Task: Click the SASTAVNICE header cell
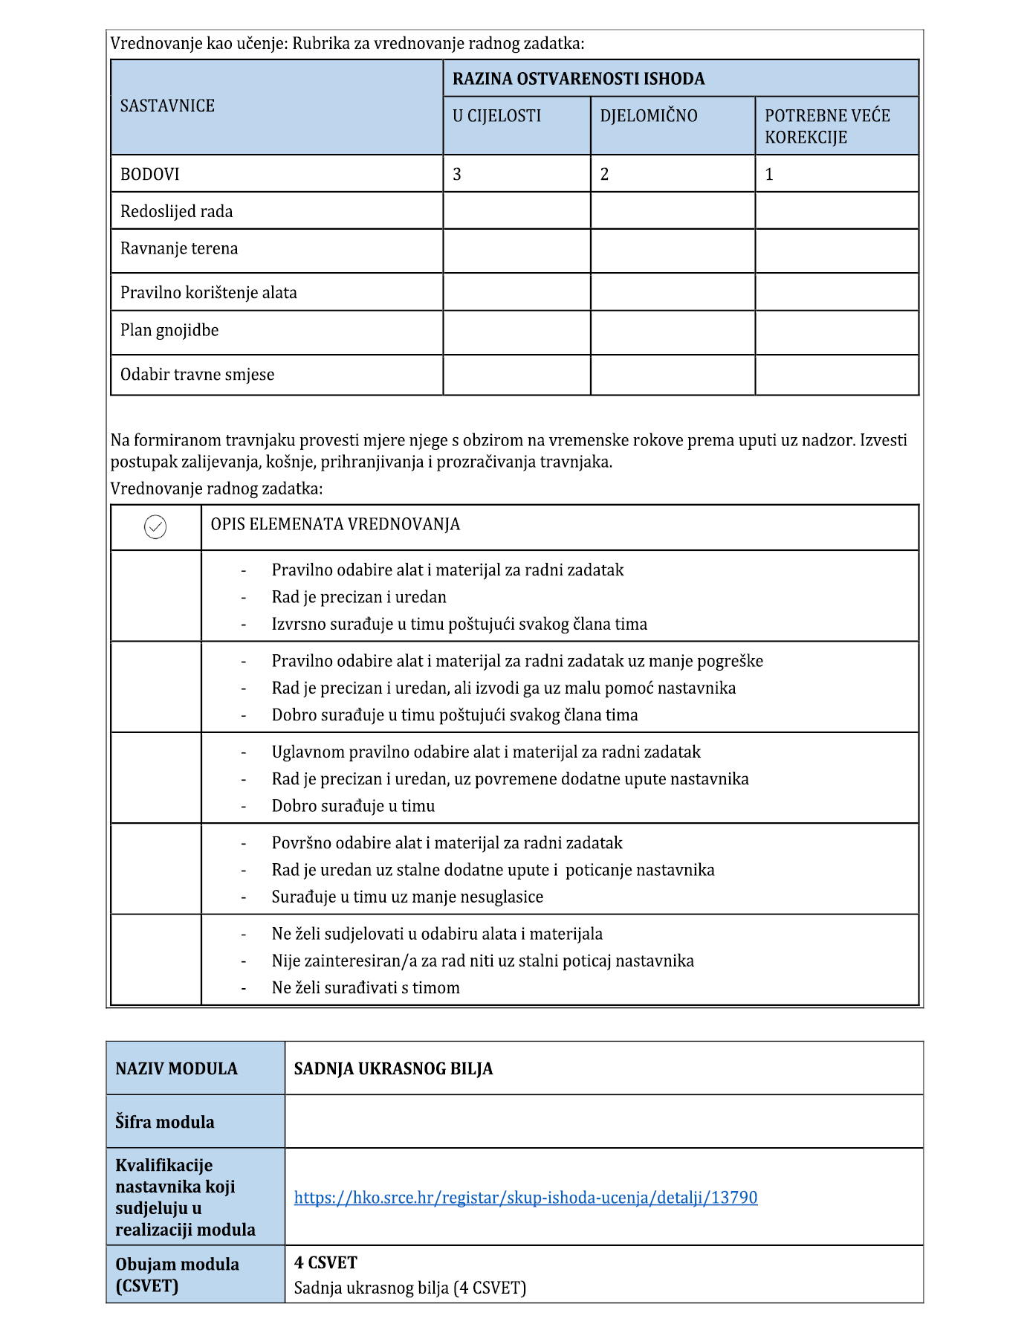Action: point(167,106)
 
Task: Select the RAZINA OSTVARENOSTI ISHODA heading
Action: point(578,79)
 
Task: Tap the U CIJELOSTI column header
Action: point(496,116)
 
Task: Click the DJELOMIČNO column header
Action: point(648,116)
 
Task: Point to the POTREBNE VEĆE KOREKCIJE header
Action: point(826,126)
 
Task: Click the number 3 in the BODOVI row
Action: point(457,175)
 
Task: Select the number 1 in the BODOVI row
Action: point(769,175)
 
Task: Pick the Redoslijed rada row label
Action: point(176,212)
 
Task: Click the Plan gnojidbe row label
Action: point(169,330)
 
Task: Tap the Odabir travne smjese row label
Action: point(197,375)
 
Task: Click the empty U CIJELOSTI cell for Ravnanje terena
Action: point(516,251)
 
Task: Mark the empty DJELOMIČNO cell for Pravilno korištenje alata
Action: point(673,292)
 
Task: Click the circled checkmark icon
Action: point(155,527)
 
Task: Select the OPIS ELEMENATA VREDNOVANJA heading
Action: point(335,525)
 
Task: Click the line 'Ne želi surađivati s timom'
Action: point(366,988)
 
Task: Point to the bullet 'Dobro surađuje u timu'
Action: point(353,806)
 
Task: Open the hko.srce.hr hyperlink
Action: point(525,1198)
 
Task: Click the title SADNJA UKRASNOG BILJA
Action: point(393,1069)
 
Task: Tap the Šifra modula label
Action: point(164,1122)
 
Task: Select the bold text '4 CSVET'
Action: point(325,1262)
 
